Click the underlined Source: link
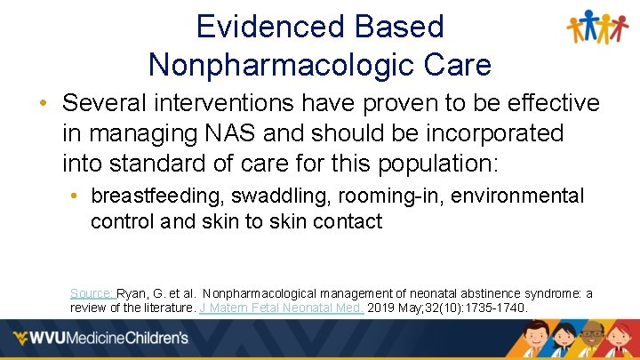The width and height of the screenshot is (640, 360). (x=92, y=292)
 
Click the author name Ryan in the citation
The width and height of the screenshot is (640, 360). (x=132, y=292)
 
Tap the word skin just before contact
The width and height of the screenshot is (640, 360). (x=310, y=221)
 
